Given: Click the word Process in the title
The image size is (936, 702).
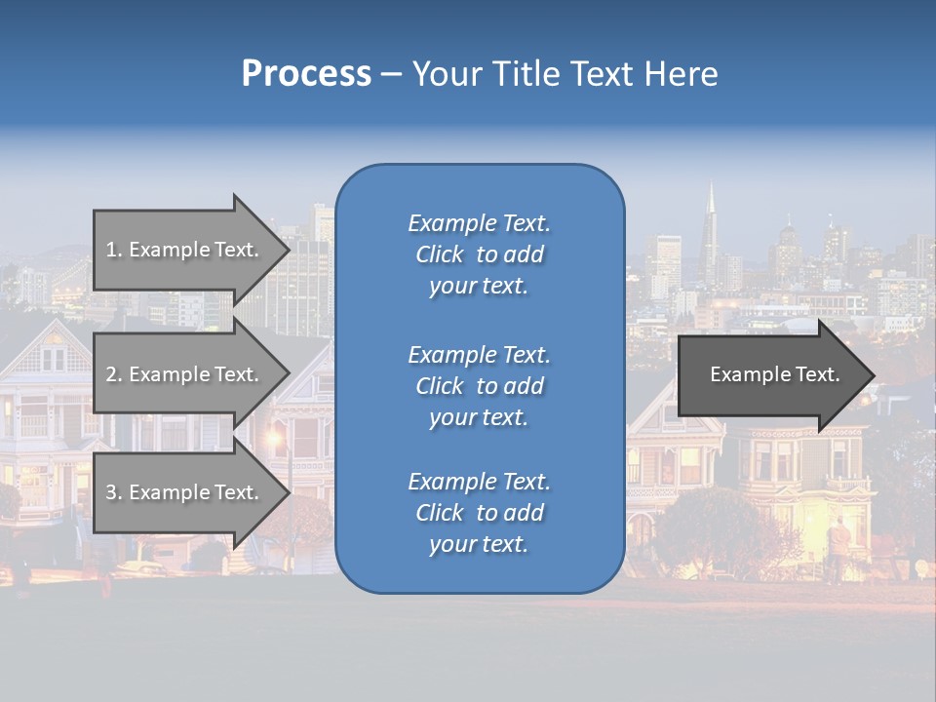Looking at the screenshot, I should [x=306, y=74].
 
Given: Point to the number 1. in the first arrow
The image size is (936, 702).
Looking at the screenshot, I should [x=114, y=250].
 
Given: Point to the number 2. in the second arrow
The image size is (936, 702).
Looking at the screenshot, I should [x=114, y=374].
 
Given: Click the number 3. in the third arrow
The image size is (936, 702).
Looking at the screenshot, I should [x=114, y=492].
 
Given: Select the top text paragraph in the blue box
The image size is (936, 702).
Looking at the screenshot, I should [x=479, y=254].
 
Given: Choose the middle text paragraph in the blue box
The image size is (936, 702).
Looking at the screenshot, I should [x=479, y=386].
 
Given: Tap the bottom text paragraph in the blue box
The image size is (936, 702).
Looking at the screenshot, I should [x=479, y=513].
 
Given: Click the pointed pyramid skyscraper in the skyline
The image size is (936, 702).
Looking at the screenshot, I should [x=711, y=229].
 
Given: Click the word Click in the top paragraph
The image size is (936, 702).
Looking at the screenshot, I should [x=439, y=255].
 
